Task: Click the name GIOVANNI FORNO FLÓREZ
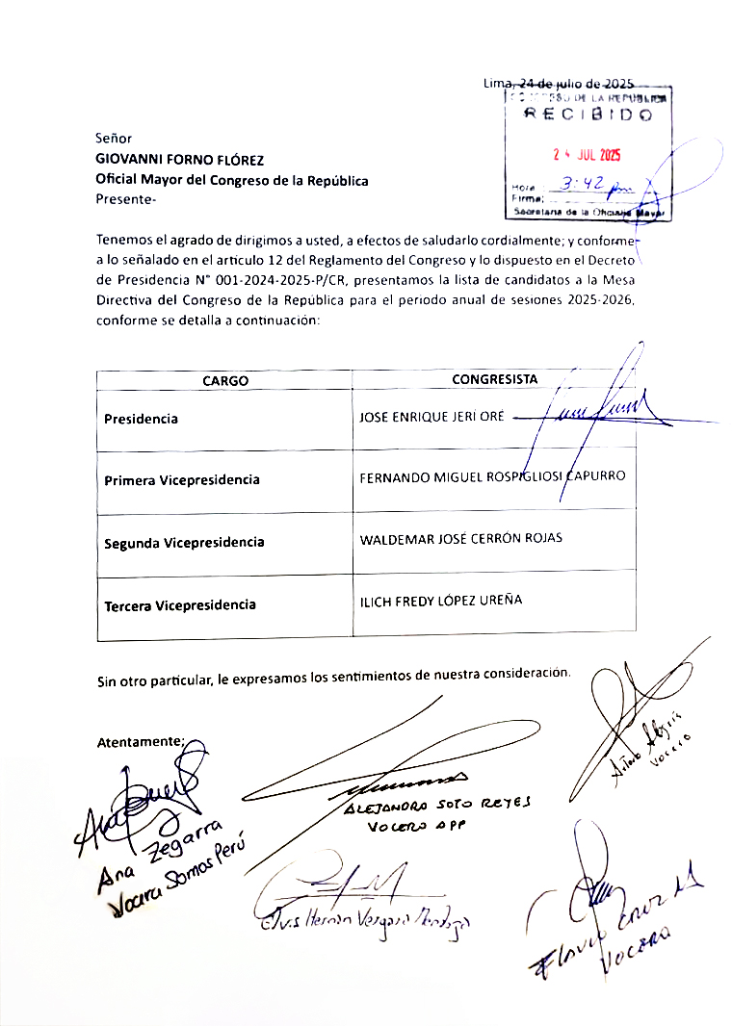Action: (x=179, y=160)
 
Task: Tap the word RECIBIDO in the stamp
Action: (x=588, y=115)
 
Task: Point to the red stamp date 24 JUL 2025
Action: (x=587, y=155)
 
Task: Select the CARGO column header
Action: (x=225, y=380)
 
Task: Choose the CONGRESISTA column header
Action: (x=495, y=379)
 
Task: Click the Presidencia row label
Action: (x=142, y=419)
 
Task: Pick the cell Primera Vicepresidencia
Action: (x=182, y=479)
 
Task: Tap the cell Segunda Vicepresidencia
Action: (x=184, y=542)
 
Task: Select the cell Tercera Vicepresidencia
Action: (x=180, y=604)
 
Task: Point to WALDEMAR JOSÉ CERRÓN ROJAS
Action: (x=461, y=538)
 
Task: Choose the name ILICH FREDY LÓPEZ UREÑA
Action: (x=441, y=600)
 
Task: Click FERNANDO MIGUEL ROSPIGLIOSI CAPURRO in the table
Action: (x=493, y=475)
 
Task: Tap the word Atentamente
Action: (x=140, y=742)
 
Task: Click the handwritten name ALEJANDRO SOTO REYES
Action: (x=435, y=805)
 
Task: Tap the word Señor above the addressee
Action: (x=114, y=139)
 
